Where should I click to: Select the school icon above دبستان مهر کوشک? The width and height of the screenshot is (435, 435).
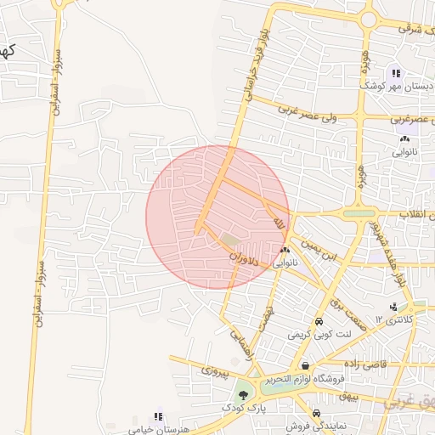pos(396,74)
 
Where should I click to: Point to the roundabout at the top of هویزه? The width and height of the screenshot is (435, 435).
pos(368,19)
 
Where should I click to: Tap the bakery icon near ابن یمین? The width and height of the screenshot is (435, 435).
pos(285,250)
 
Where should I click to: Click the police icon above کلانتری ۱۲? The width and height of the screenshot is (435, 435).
pos(393,307)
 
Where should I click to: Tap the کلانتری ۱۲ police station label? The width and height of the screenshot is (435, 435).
pos(395,320)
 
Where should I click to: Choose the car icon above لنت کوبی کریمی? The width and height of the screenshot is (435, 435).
pos(318,322)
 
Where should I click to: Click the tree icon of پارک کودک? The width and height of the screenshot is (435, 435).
pos(244,394)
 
